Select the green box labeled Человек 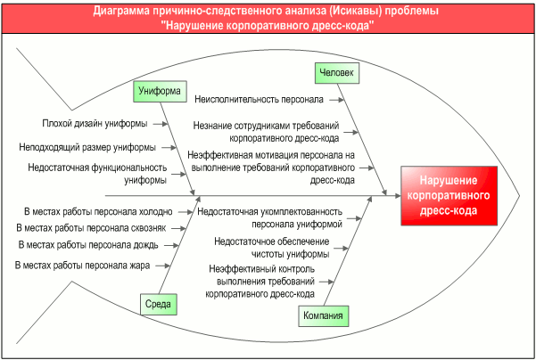pyautogui.click(x=336, y=73)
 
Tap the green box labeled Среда pyautogui.click(x=157, y=304)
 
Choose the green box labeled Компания pyautogui.click(x=322, y=315)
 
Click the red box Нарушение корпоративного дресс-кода pyautogui.click(x=446, y=193)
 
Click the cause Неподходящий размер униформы pyautogui.click(x=87, y=146)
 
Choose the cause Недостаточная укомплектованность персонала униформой pyautogui.click(x=269, y=217)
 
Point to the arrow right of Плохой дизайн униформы pyautogui.click(x=161, y=124)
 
